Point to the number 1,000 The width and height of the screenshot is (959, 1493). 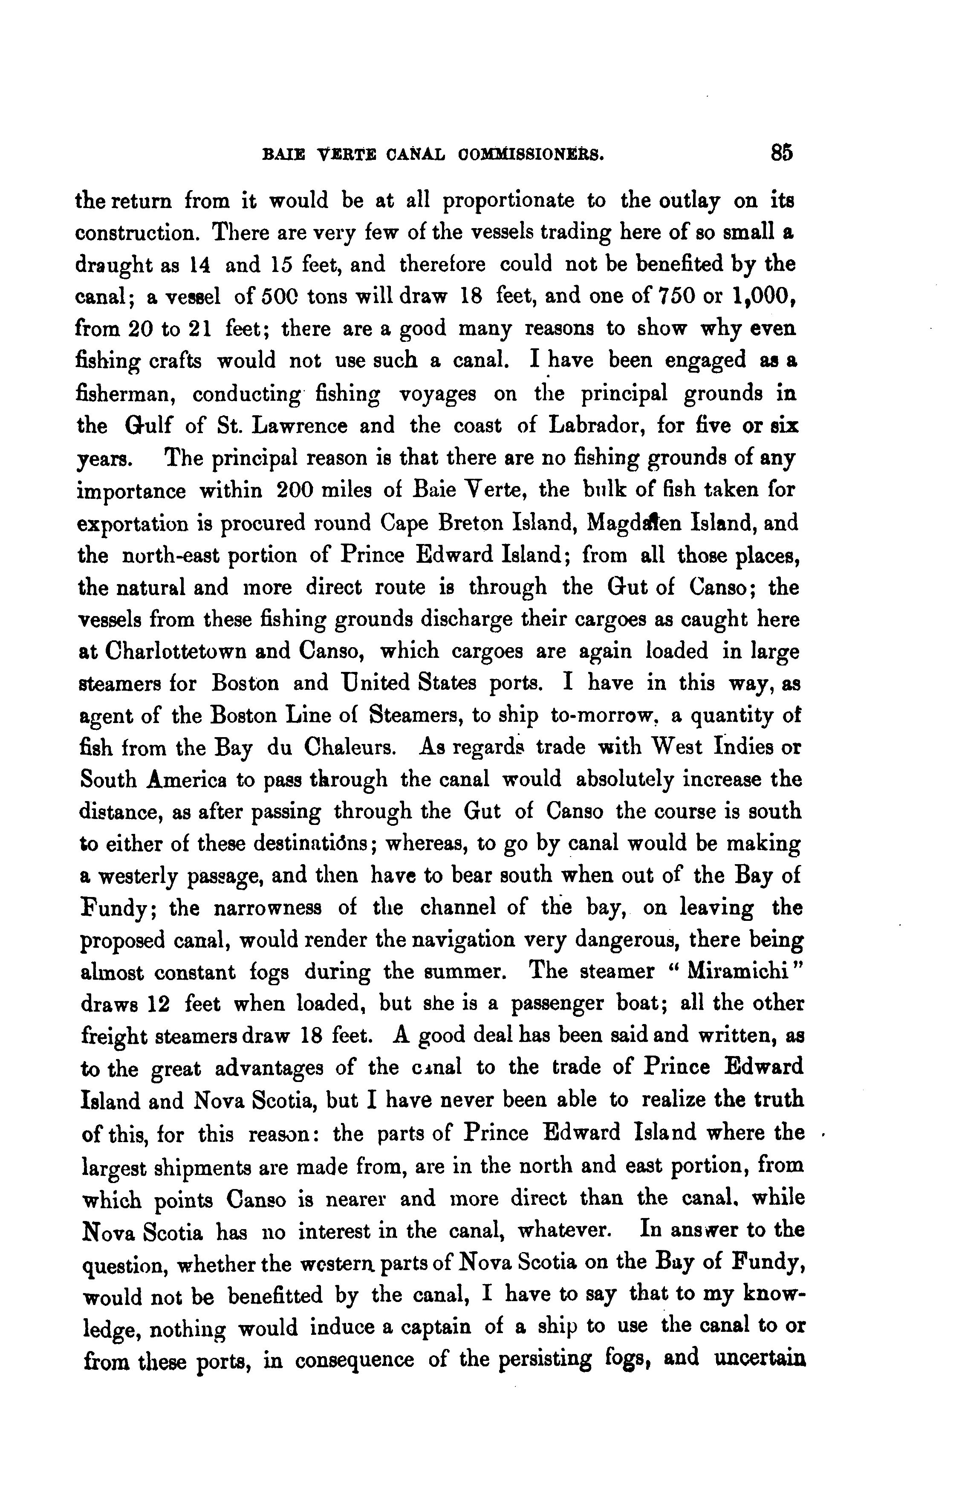765,297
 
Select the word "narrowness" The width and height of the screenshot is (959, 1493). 268,908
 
